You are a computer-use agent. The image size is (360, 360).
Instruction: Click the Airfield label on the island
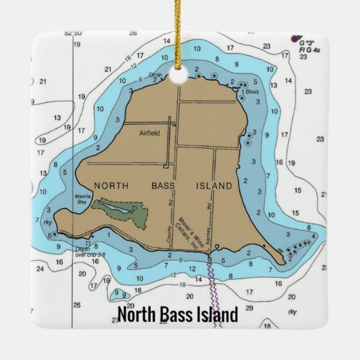[x=149, y=133]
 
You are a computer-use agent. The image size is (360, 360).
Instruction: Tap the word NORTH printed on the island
[x=111, y=185]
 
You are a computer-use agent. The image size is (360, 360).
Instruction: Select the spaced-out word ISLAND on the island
[x=214, y=185]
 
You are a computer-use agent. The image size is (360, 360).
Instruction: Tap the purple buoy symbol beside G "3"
[x=294, y=38]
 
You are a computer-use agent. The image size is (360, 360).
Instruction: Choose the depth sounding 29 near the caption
[x=249, y=308]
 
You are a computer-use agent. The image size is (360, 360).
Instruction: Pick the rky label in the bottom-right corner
[x=293, y=312]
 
